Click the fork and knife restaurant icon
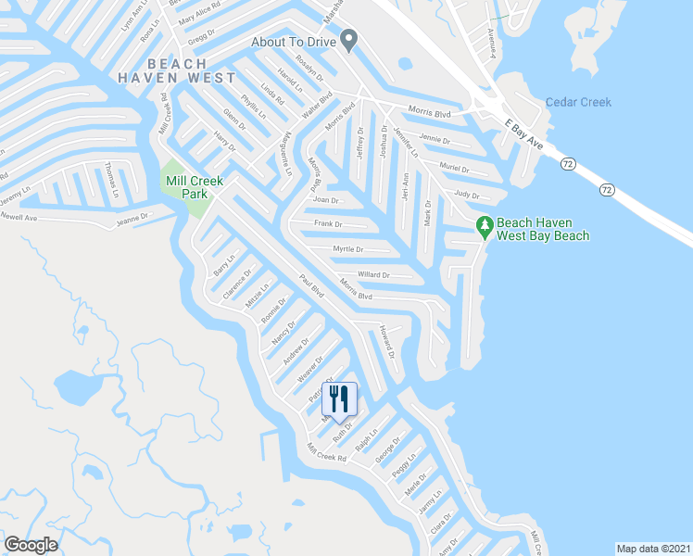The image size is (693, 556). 339,398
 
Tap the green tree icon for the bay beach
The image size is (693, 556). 483,225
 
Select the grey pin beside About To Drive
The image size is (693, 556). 348,40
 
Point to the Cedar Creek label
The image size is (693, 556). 578,102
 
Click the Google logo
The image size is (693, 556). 31,545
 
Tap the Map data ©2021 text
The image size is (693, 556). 653,549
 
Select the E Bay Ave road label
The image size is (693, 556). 523,131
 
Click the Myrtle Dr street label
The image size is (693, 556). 347,249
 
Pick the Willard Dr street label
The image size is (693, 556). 373,275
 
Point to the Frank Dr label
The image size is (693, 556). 328,224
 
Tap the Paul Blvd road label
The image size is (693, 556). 310,285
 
